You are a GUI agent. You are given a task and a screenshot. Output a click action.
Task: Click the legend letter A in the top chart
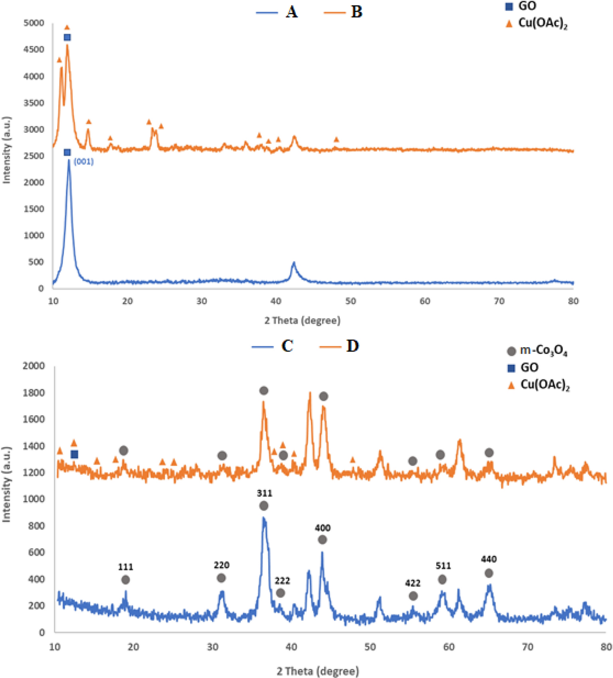pyautogui.click(x=292, y=12)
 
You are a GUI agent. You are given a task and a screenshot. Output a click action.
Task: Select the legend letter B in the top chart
pyautogui.click(x=356, y=12)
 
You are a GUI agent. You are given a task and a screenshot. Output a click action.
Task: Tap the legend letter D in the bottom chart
pyautogui.click(x=352, y=346)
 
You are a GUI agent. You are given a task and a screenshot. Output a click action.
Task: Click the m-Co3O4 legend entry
pyautogui.click(x=543, y=351)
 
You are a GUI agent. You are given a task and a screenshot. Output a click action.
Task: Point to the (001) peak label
pyautogui.click(x=84, y=161)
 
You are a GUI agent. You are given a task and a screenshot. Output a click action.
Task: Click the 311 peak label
pyautogui.click(x=265, y=493)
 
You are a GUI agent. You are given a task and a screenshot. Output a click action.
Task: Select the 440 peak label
pyautogui.click(x=489, y=559)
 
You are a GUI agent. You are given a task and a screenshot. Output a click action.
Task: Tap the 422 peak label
pyautogui.click(x=413, y=584)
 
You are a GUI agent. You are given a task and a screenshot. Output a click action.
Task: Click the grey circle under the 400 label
pyautogui.click(x=322, y=540)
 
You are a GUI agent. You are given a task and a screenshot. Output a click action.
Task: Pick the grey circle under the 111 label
pyautogui.click(x=125, y=580)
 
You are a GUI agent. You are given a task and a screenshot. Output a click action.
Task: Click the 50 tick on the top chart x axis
pyautogui.click(x=350, y=301)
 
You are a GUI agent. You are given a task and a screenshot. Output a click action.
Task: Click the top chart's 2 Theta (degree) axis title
pyautogui.click(x=303, y=320)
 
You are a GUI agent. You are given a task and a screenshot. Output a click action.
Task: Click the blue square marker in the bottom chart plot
pyautogui.click(x=74, y=454)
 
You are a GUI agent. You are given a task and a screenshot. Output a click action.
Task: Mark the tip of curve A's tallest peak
pyautogui.click(x=69, y=161)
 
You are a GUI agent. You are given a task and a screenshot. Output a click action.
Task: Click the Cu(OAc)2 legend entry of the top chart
pyautogui.click(x=543, y=23)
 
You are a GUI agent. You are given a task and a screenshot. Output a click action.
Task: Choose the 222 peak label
pyautogui.click(x=282, y=581)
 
